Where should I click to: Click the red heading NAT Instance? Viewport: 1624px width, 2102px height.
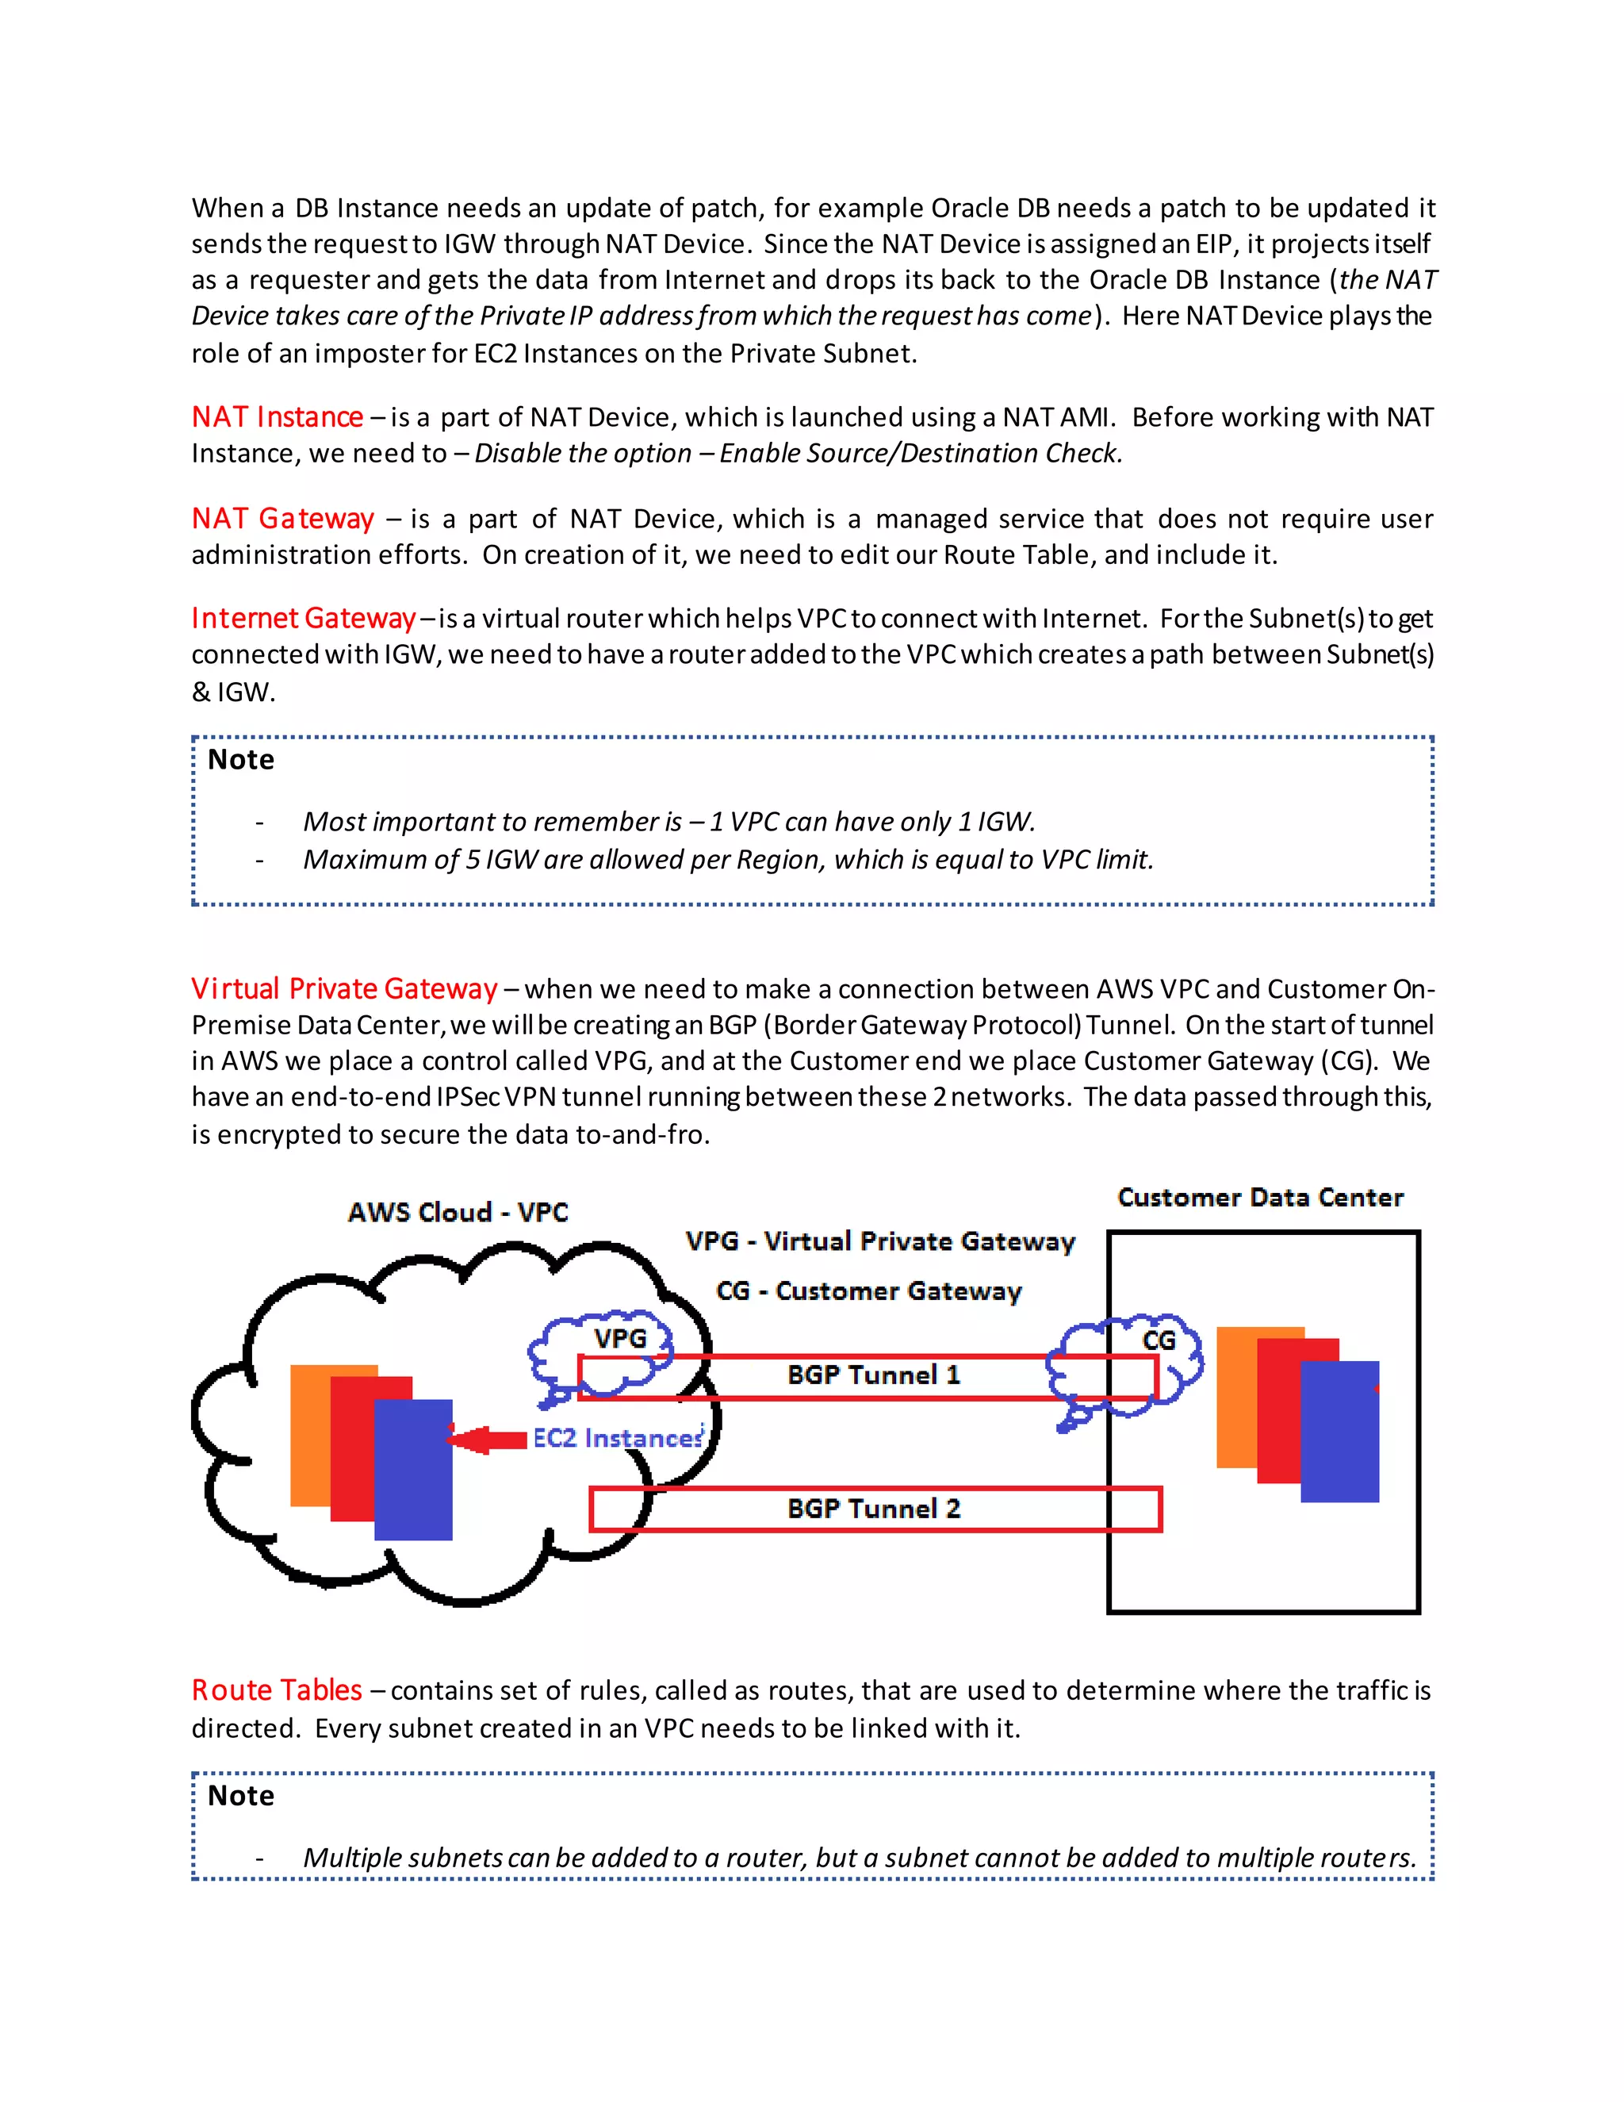[277, 416]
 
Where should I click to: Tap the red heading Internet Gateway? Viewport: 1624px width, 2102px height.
[303, 618]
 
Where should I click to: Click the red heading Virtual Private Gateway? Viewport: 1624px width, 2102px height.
[343, 988]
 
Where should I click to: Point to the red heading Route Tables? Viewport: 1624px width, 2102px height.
[276, 1690]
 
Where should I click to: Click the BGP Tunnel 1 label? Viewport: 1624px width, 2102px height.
[872, 1375]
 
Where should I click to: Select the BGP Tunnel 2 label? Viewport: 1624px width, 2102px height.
[872, 1508]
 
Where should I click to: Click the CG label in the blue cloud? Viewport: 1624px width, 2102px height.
[1159, 1341]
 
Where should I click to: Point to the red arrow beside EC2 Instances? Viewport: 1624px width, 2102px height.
[487, 1440]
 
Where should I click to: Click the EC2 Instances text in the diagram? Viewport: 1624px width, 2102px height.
[618, 1438]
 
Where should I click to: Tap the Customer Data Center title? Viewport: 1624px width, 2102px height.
[1259, 1197]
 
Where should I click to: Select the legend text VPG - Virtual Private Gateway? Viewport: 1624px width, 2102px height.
[879, 1241]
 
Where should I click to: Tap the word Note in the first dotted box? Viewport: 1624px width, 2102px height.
[240, 759]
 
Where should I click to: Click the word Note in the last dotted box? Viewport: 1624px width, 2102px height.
[240, 1796]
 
